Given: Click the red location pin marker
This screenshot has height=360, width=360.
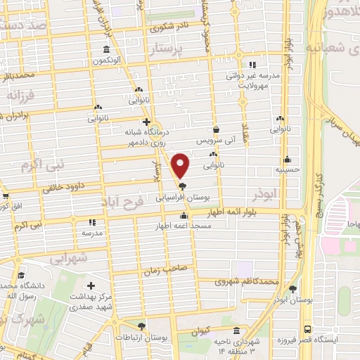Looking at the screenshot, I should coord(181,165).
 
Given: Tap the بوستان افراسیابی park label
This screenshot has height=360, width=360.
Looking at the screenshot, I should coord(184,199).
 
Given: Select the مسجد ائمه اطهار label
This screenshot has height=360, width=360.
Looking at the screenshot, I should coord(182,226).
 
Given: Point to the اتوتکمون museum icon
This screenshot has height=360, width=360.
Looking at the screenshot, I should coord(106,50).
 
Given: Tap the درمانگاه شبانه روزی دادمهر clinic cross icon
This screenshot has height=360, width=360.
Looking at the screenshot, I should coord(146,122).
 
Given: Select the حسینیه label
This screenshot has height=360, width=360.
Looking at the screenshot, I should coord(287,169).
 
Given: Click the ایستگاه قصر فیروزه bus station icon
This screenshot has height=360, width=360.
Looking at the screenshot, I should coord(307,328).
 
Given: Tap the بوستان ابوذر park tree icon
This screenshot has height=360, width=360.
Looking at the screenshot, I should coord(292,288).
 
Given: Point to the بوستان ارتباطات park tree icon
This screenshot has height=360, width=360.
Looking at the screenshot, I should coord(141,326).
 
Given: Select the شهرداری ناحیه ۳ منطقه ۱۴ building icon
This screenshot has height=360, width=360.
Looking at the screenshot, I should coord(236,330).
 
